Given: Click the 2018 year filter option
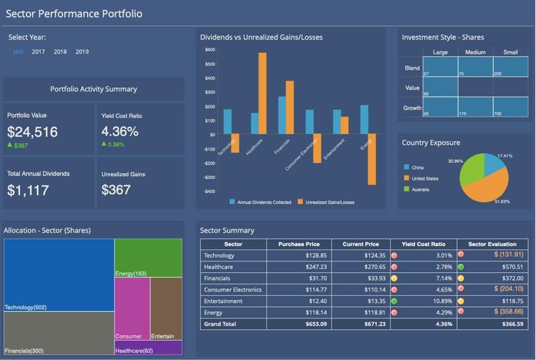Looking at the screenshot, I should click(x=60, y=52).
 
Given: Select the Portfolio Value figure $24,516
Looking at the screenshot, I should click(x=32, y=132).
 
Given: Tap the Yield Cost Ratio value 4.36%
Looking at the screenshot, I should click(x=120, y=132).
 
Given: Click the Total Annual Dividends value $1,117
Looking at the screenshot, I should click(x=28, y=190).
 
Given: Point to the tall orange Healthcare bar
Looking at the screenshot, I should click(x=262, y=93).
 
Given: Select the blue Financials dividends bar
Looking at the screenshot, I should click(x=282, y=115).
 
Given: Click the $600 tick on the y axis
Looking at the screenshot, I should click(x=210, y=50).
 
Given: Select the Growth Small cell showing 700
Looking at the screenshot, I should click(x=510, y=106).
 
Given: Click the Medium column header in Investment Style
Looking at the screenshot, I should click(x=474, y=52).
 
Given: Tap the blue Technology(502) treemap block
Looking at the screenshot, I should click(x=58, y=275).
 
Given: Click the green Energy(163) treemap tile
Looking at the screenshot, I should click(x=148, y=257).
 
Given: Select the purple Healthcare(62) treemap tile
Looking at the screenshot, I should click(x=148, y=347).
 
